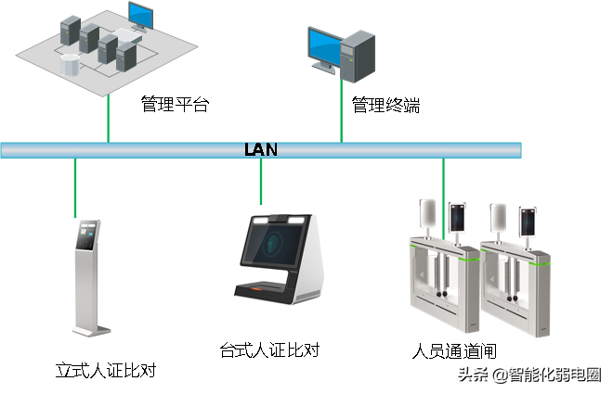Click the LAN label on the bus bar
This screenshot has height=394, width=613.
260,149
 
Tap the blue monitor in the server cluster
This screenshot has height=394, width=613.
140,15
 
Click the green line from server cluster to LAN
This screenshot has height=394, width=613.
108,116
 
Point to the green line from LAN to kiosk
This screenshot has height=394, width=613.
75,186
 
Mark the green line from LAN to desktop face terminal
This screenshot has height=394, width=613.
260,181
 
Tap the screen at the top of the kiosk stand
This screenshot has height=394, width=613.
88,235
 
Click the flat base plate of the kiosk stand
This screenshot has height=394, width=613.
93,330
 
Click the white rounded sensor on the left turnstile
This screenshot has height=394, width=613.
428,214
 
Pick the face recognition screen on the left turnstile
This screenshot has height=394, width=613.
457,218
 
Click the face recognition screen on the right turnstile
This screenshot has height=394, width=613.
526,219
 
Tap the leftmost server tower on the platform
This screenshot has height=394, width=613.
67,33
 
